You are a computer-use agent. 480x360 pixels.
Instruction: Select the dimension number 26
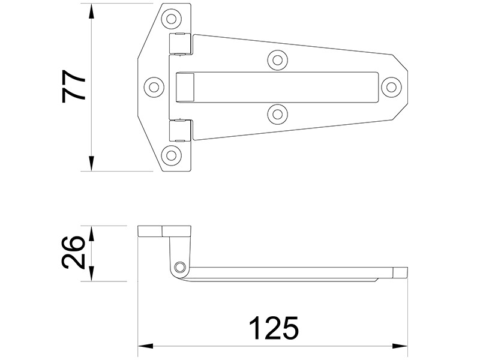click(x=73, y=253)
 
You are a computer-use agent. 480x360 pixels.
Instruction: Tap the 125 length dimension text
click(x=273, y=329)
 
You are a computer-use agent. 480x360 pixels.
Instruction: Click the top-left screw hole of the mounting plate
click(x=172, y=19)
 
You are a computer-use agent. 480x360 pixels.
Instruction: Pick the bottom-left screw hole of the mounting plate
click(x=172, y=155)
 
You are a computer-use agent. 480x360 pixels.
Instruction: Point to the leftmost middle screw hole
click(x=154, y=86)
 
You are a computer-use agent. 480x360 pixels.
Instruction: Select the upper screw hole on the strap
click(x=277, y=59)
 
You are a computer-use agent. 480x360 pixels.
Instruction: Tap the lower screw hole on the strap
click(x=277, y=113)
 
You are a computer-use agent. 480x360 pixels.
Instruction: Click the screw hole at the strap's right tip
click(x=392, y=86)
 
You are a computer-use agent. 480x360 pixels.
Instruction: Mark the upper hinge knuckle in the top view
click(x=181, y=44)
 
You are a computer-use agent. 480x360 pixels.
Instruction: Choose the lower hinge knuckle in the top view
click(x=181, y=130)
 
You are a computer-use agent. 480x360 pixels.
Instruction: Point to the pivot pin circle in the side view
click(x=179, y=267)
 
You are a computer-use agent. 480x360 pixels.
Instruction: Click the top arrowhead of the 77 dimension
click(x=91, y=9)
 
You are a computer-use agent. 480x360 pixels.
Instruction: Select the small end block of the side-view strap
click(x=399, y=273)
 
